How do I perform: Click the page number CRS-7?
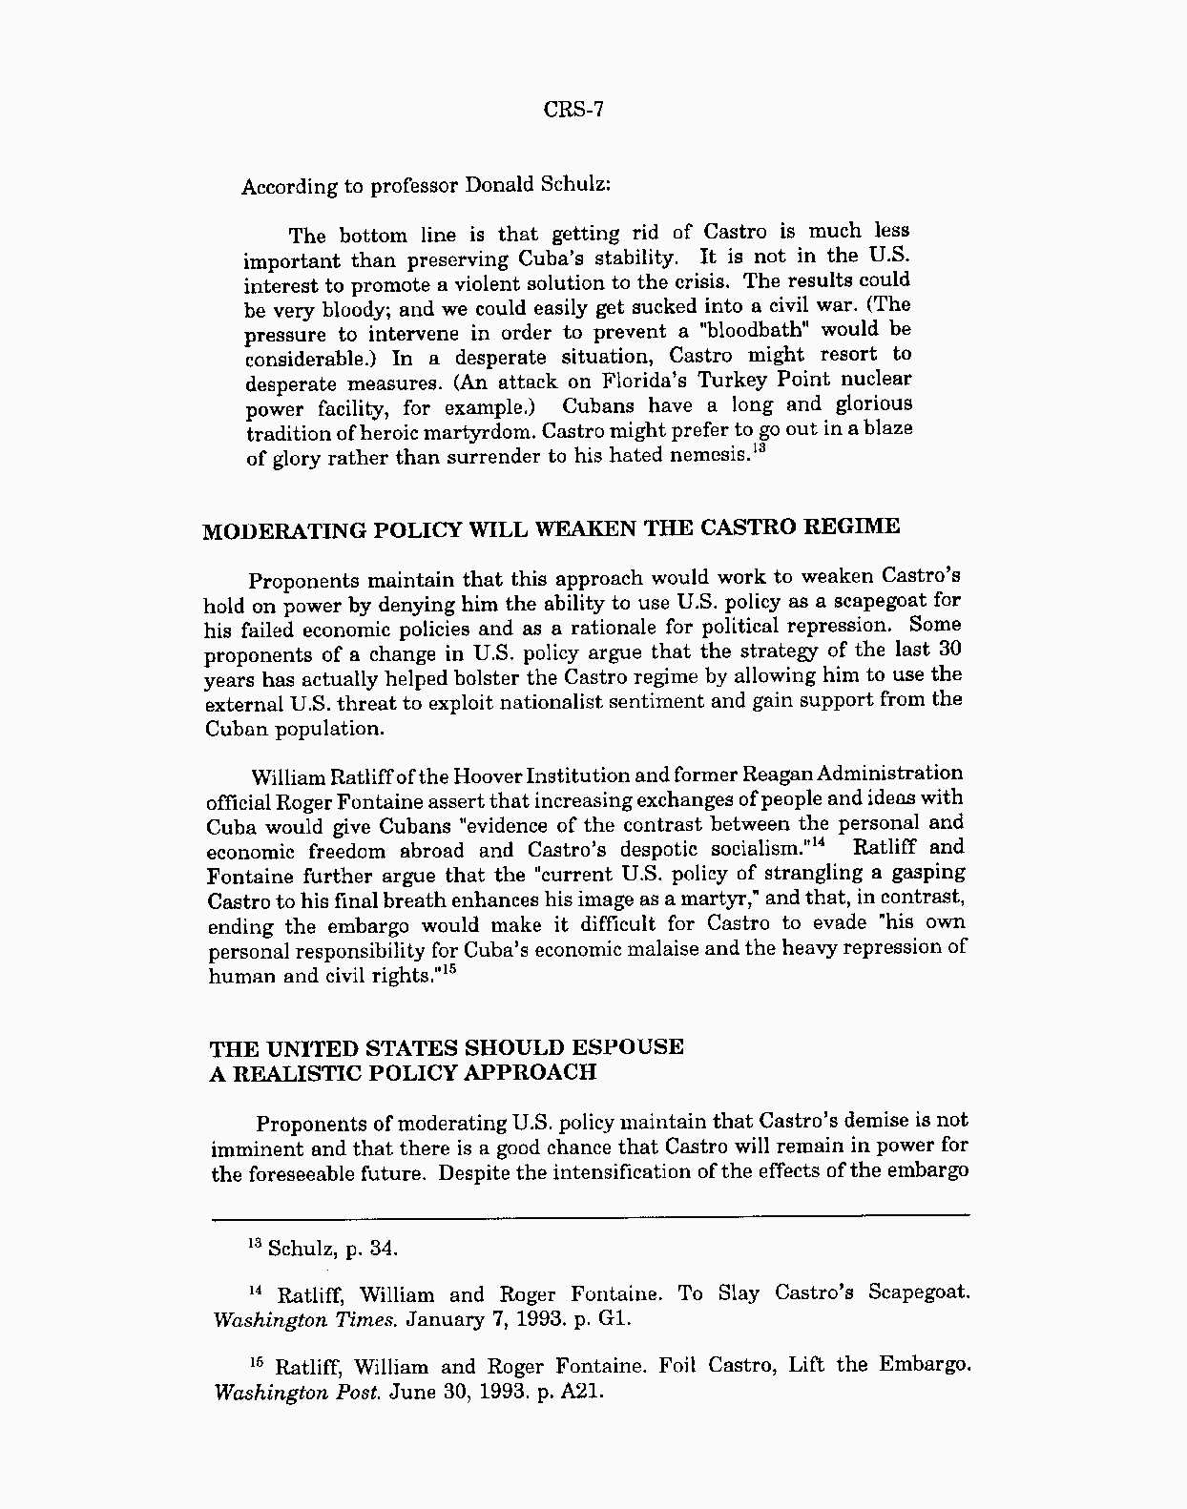[573, 109]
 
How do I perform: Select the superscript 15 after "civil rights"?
[448, 971]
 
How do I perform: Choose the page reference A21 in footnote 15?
[582, 1391]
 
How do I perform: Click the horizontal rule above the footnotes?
[590, 1215]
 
